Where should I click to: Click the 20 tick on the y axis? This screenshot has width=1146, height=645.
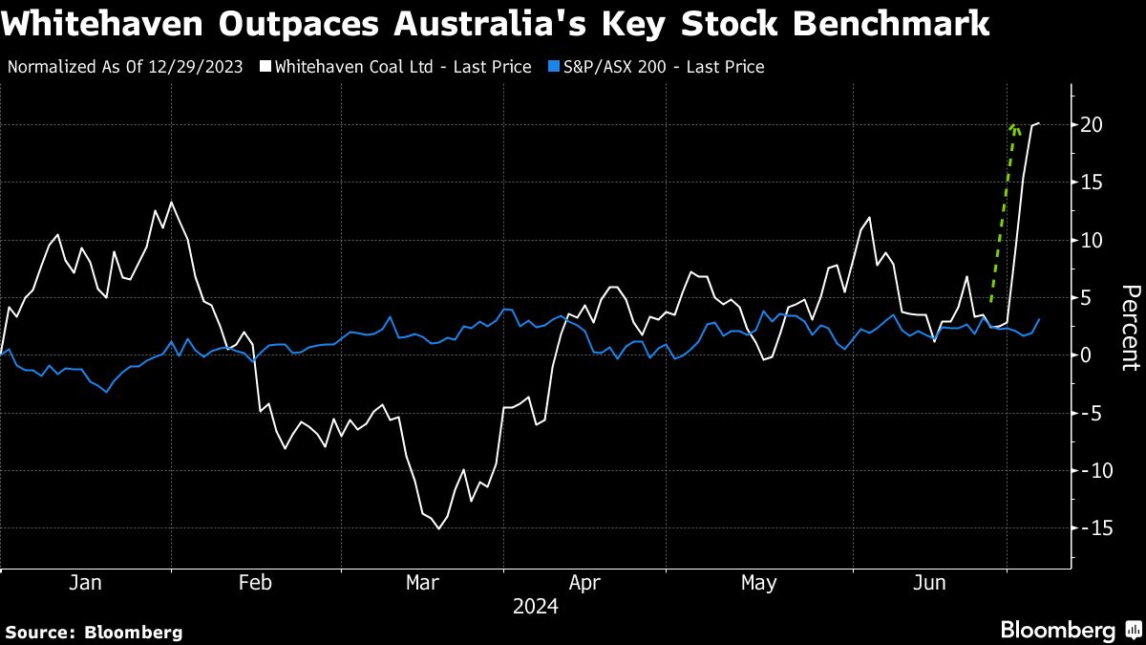click(1093, 125)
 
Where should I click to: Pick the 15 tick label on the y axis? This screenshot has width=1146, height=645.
click(1093, 183)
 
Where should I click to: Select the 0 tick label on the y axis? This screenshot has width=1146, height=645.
click(1086, 355)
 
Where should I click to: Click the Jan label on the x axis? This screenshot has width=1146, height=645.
click(85, 583)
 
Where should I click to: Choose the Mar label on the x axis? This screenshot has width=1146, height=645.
click(422, 583)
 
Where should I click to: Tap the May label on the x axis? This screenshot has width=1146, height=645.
click(759, 583)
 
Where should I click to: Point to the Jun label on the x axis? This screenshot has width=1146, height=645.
click(930, 583)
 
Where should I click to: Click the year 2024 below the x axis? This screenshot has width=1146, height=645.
click(536, 607)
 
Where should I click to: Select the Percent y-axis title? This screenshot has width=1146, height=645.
click(1130, 327)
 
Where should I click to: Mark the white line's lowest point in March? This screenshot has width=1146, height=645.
click(438, 528)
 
